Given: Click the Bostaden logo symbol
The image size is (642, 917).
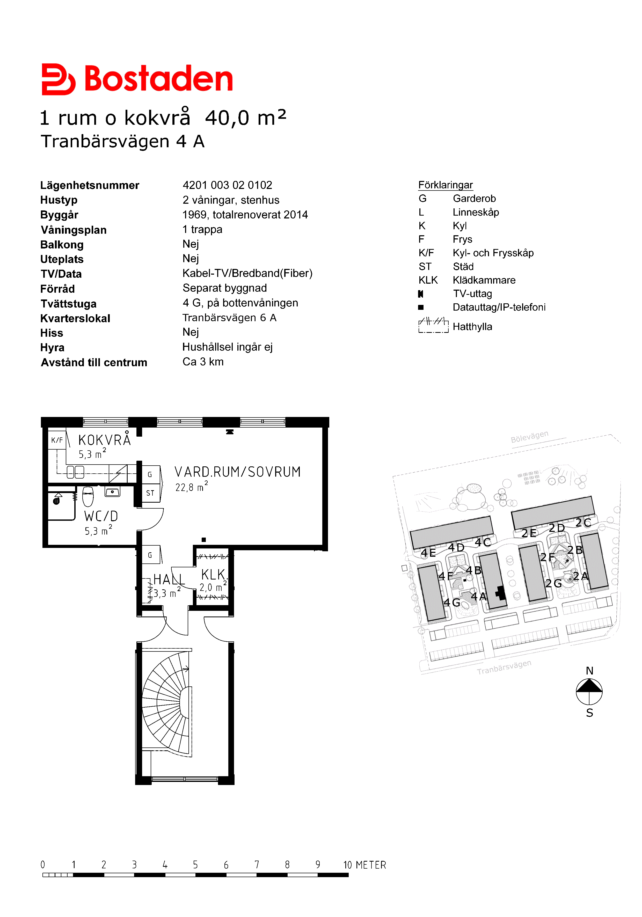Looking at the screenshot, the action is tap(58, 79).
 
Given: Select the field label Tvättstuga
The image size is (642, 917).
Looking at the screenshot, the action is tap(68, 304).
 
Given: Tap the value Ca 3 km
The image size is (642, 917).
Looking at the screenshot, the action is tap(203, 362).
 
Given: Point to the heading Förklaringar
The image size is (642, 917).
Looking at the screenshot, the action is tap(446, 185).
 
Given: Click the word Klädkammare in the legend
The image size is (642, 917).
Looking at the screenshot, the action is tap(484, 280).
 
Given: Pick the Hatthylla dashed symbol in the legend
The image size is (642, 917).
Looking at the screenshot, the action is tap(433, 326).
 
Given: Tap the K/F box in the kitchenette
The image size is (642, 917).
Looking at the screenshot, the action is tap(57, 440).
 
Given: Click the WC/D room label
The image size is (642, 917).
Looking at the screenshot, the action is tap(101, 516).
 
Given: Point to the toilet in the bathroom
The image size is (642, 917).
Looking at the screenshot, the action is tap(88, 496).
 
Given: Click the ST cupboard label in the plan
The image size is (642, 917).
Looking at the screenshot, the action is tap(150, 493).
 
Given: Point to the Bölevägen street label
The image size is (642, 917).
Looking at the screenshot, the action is tap(529, 437).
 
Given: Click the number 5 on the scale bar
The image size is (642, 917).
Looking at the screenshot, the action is tap(195, 865).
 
